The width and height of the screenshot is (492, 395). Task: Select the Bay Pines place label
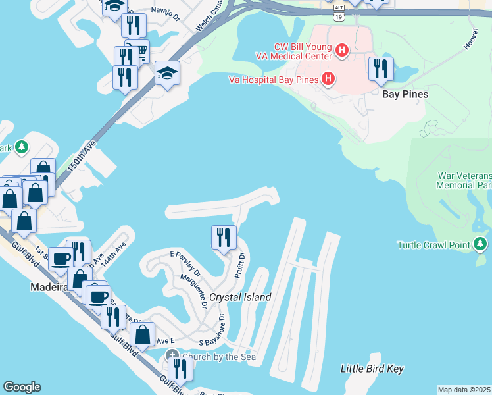[405, 94]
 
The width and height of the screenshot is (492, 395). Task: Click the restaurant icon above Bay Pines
[381, 69]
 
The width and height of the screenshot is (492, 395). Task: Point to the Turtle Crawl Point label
[433, 246]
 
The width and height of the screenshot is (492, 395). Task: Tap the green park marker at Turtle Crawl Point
[481, 245]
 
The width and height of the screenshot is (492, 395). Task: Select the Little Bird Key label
[372, 369]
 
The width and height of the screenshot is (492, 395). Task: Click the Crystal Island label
[240, 297]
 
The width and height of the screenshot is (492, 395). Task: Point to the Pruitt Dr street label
[239, 265]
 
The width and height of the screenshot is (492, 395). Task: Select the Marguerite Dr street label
[197, 292]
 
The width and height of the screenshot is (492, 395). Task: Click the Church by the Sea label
[218, 357]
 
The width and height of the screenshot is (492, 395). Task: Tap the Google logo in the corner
[22, 387]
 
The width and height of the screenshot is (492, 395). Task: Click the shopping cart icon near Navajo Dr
[138, 50]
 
